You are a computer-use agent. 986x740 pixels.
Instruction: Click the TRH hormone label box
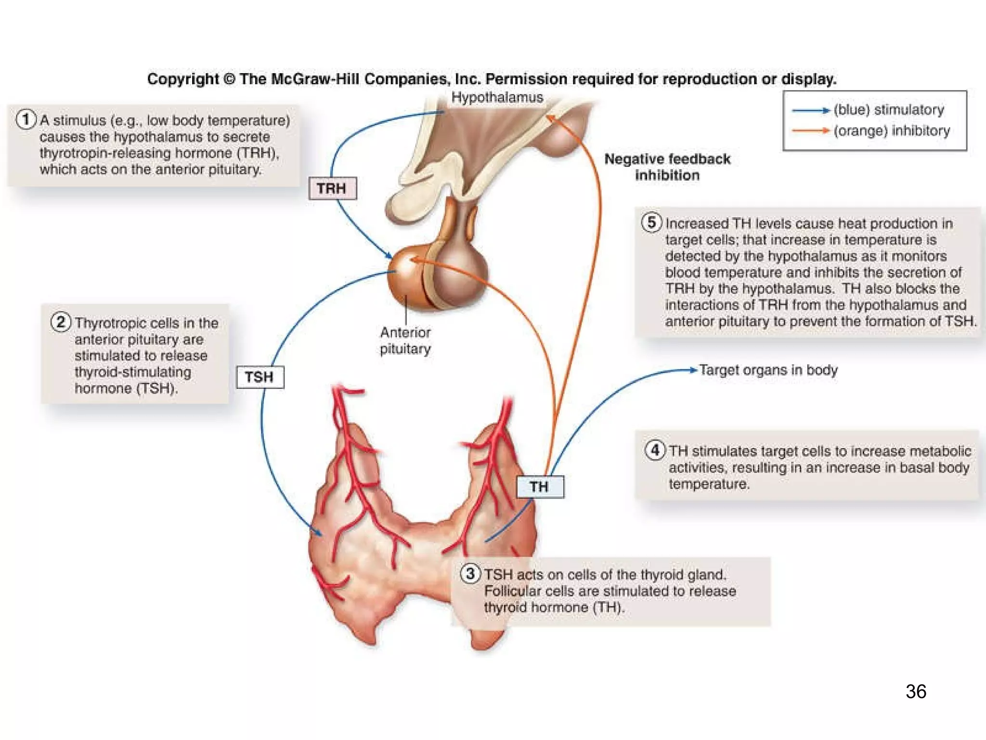coord(332,188)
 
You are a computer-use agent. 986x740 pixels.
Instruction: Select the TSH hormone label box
coord(260,377)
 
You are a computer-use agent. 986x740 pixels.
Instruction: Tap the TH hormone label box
coord(540,487)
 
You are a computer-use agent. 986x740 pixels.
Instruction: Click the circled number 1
coord(26,119)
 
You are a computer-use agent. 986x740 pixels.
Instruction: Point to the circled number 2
coord(61,321)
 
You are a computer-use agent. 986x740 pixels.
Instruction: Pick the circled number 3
coord(470,573)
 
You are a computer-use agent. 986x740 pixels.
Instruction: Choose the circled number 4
coord(655,450)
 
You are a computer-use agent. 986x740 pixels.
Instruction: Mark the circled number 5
coord(651,222)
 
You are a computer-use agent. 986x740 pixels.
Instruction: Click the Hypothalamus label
coord(497,97)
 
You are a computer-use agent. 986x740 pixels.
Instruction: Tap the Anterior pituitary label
coord(405,340)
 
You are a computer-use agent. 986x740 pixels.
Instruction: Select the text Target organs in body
coord(768,370)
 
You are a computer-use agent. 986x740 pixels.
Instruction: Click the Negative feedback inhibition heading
coord(667,167)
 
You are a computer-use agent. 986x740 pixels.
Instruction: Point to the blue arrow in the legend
coord(811,111)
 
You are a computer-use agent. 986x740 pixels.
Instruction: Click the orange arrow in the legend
coord(811,131)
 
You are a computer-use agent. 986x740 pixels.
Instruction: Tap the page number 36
coord(916,691)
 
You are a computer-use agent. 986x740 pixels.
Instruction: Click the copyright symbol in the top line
coord(229,79)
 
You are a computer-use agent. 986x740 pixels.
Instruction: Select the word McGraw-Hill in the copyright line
coord(315,79)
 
